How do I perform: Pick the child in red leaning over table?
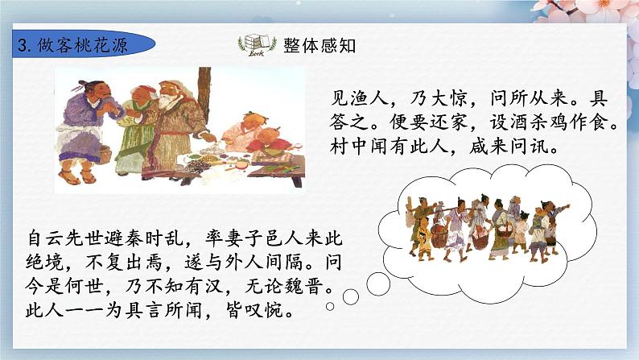pyautogui.click(x=266, y=145)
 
